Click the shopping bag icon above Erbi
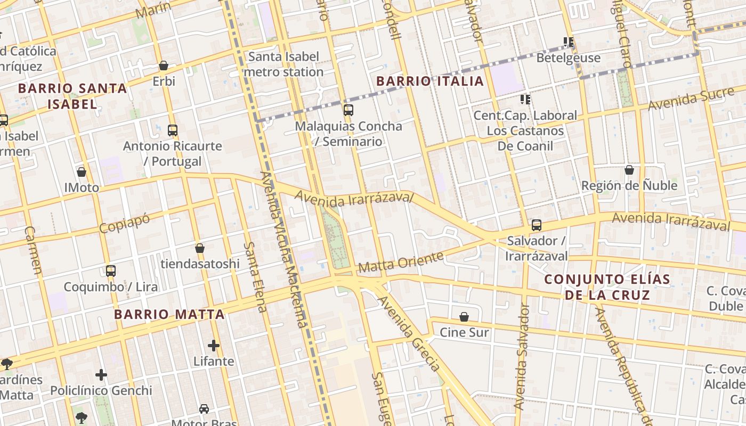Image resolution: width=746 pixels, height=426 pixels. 164,65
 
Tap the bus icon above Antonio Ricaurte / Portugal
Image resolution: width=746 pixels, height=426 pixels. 172,130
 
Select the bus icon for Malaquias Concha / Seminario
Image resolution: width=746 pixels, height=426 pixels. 348,110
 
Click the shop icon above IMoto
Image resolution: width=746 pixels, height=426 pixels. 82,172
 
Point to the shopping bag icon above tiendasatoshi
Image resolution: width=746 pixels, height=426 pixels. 200,248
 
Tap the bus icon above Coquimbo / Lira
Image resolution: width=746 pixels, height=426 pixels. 111,271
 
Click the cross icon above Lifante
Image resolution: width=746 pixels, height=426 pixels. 214,346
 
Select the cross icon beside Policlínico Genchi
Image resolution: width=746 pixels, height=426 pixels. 101,375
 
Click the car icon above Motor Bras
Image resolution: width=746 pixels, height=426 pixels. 204,409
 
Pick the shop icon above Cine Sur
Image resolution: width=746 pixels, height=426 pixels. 464,317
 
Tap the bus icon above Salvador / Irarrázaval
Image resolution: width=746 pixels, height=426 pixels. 537,225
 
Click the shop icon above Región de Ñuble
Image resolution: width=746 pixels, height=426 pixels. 629,170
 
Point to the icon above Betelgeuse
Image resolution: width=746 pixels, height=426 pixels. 569,42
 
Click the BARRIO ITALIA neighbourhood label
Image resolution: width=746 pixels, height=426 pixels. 430,81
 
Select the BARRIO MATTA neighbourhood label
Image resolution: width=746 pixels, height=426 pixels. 169,314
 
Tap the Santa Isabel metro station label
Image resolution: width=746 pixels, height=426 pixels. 286,64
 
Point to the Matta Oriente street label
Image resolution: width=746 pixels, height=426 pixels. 401,262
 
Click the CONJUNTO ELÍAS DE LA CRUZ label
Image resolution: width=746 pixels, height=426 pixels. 599,287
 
